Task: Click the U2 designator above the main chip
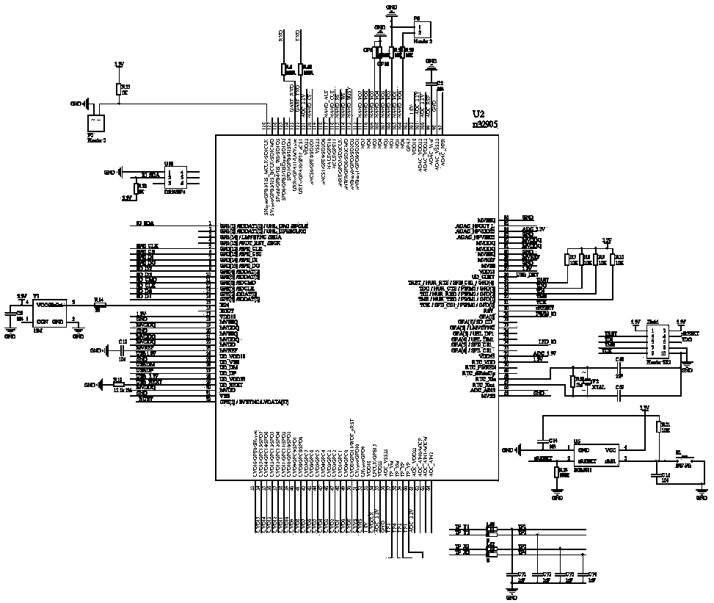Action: click(x=478, y=115)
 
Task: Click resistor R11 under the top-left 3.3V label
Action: click(x=118, y=89)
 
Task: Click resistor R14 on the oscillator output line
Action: click(x=99, y=305)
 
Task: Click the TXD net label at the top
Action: click(x=297, y=36)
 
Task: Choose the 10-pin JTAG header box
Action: click(x=657, y=342)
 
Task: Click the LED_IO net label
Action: click(x=547, y=342)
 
